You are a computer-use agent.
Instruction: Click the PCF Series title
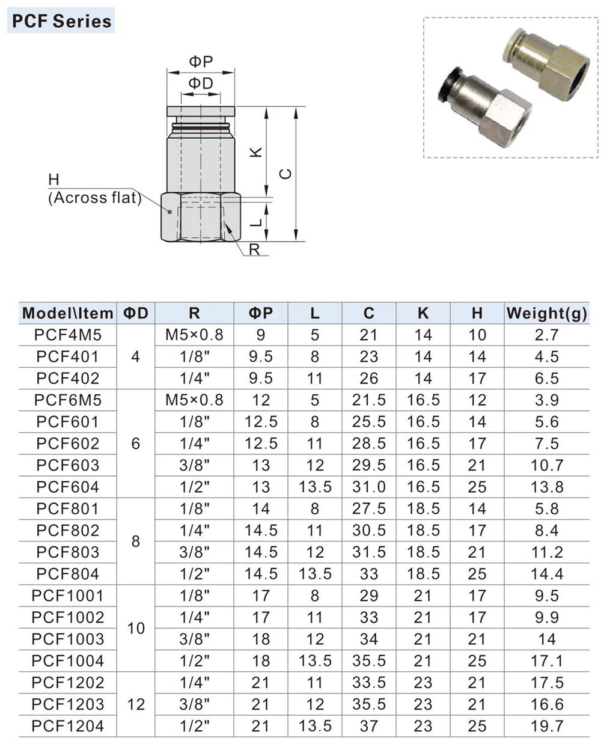(61, 21)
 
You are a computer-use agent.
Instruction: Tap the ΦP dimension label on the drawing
(201, 62)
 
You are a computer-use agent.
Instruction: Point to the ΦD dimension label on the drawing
(201, 84)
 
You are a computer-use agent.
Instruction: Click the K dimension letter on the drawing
(256, 152)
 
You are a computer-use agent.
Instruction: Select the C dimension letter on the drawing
(285, 174)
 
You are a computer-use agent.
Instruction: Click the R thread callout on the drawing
(254, 250)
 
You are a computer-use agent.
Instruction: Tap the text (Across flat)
(94, 198)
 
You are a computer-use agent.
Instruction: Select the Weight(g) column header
(546, 313)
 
